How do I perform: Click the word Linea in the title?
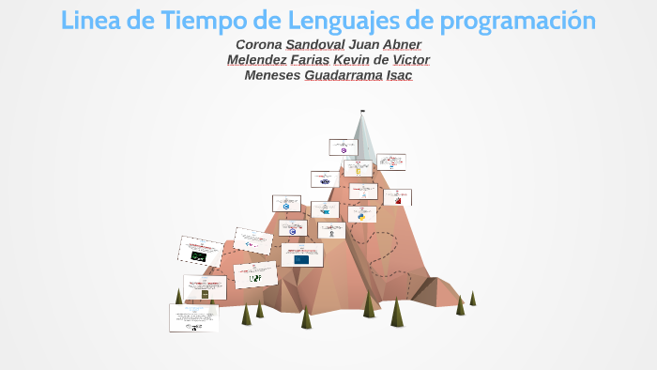(92, 20)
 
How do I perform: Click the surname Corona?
(258, 45)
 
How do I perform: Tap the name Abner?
(402, 45)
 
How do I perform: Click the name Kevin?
(352, 60)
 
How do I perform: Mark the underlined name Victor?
(411, 60)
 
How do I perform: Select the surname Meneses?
(272, 75)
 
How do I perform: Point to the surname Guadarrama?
(344, 75)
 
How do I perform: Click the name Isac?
(399, 75)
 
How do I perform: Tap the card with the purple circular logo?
(344, 146)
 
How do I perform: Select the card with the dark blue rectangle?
(301, 254)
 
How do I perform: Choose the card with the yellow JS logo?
(357, 169)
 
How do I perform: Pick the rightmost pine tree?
(472, 299)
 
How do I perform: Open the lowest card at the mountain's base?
(193, 317)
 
